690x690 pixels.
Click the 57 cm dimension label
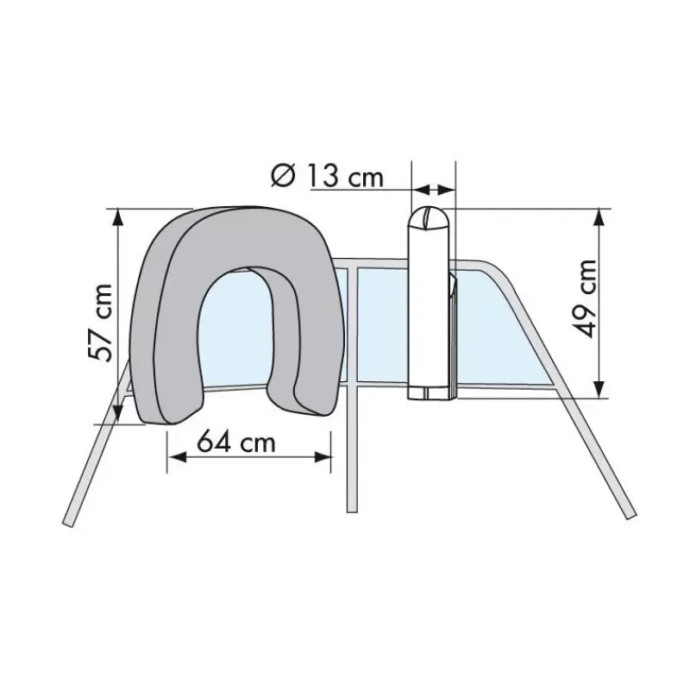(x=100, y=323)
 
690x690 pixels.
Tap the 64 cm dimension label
(x=235, y=442)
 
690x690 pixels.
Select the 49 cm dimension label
(x=586, y=298)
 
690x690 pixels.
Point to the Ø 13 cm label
(x=327, y=175)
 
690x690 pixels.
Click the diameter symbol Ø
(x=282, y=176)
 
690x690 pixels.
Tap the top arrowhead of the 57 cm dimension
(x=117, y=218)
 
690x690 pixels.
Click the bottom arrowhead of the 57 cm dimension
(x=117, y=414)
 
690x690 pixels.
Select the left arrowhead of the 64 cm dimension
(x=177, y=457)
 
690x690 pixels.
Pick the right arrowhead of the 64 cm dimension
(x=321, y=457)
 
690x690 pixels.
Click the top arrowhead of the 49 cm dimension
(x=599, y=218)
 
